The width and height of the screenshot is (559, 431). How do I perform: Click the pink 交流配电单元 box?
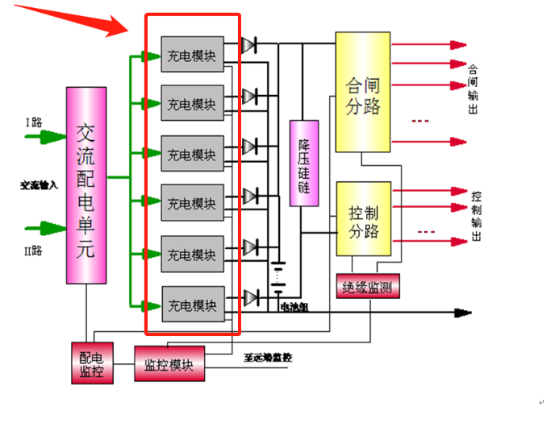pyautogui.click(x=86, y=185)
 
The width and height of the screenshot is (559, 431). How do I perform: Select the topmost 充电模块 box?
pyautogui.click(x=191, y=56)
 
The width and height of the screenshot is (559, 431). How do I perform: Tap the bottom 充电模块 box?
pyautogui.click(x=192, y=305)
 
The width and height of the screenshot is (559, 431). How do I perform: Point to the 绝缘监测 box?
pyautogui.click(x=368, y=286)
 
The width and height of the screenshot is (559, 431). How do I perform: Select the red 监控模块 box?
pyautogui.click(x=169, y=364)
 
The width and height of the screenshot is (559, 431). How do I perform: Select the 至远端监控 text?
pyautogui.click(x=267, y=356)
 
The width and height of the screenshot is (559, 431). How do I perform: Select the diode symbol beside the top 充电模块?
pyautogui.click(x=250, y=45)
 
